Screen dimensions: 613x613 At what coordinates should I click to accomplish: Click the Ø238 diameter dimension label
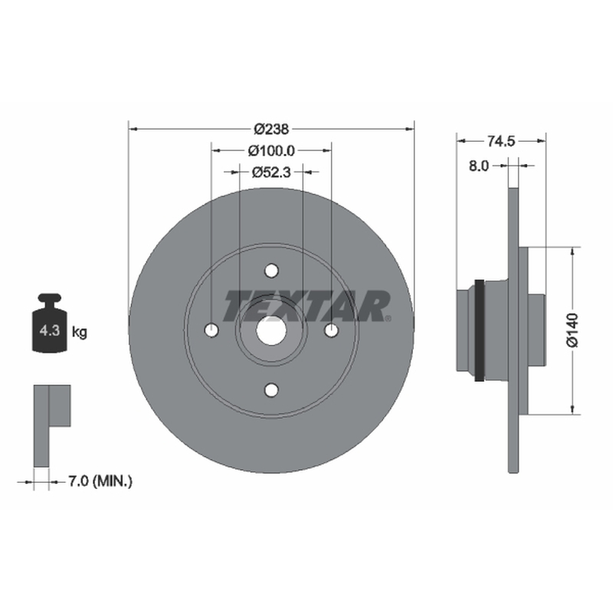click(x=271, y=129)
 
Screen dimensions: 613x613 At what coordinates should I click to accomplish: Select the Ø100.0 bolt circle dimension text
click(x=271, y=150)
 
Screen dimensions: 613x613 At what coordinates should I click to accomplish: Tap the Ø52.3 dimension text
click(x=271, y=172)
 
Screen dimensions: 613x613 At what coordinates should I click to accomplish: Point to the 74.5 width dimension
click(x=501, y=141)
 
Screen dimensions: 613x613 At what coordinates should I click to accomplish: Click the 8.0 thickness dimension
click(x=478, y=166)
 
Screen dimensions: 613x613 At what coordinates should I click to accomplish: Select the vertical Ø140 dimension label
click(x=572, y=329)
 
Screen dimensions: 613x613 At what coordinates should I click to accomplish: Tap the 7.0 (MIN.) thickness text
click(x=100, y=481)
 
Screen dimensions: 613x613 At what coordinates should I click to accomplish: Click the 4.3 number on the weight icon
click(x=50, y=331)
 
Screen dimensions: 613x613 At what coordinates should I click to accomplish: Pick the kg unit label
click(x=80, y=332)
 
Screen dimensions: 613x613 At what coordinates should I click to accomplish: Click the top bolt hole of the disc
click(x=271, y=270)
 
